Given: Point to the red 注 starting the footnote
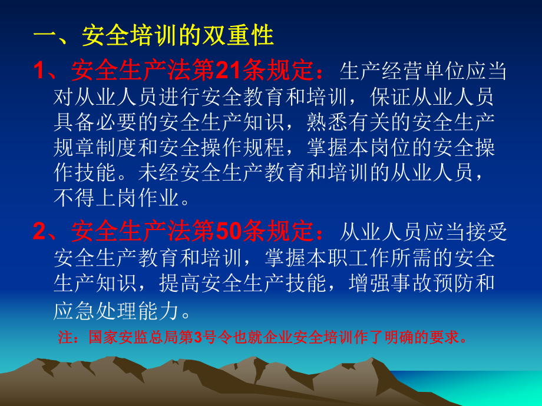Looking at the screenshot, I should pos(64,338).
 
